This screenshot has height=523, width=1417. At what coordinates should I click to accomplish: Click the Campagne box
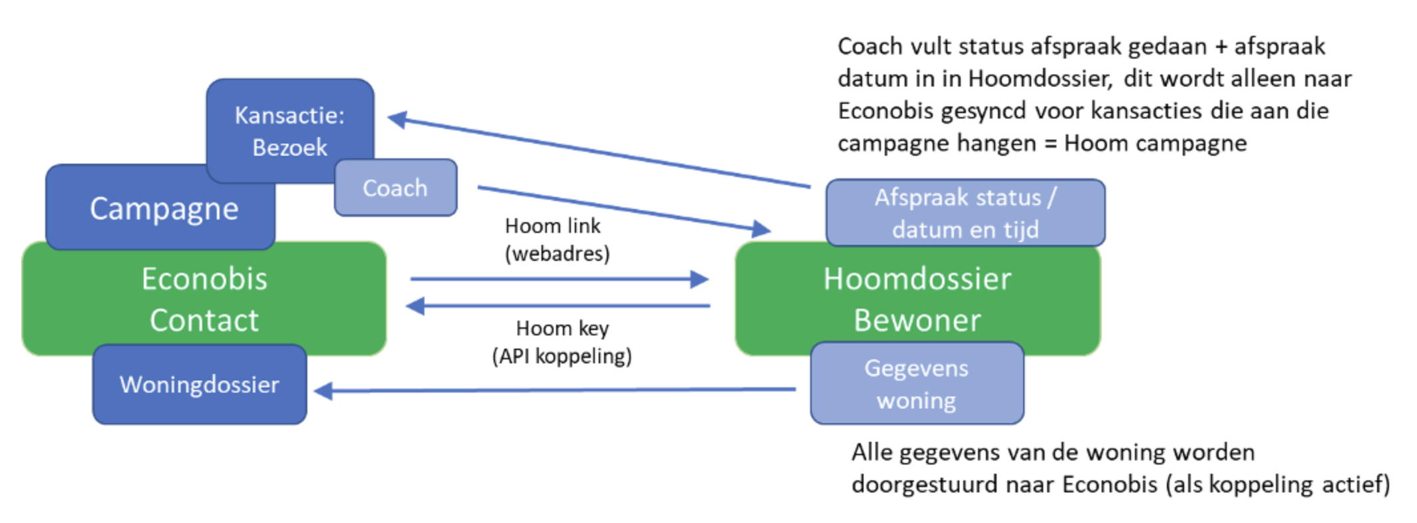[x=163, y=209]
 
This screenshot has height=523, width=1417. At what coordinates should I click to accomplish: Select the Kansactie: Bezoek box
[x=289, y=130]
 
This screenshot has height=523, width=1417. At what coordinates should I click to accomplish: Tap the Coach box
[x=395, y=188]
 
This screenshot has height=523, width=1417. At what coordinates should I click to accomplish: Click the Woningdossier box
[x=199, y=385]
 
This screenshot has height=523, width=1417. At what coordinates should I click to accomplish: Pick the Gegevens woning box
[x=916, y=384]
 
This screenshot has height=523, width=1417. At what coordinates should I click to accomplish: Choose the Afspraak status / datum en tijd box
[x=965, y=213]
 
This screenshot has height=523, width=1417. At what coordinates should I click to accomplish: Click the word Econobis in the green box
[x=204, y=279]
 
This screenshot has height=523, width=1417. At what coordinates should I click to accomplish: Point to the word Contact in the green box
[x=204, y=321]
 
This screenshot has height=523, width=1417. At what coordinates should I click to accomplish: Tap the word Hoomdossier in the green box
[x=917, y=279]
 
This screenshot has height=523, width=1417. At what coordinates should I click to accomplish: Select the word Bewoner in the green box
[x=917, y=321]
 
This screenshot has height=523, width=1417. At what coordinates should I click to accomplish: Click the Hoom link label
[x=552, y=226]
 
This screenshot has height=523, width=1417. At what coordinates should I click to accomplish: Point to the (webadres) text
[x=557, y=254]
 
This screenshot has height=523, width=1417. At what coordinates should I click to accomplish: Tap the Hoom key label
[x=562, y=328]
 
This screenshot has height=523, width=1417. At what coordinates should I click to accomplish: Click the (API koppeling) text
[x=562, y=356]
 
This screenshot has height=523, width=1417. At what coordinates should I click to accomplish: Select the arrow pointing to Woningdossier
[x=552, y=390]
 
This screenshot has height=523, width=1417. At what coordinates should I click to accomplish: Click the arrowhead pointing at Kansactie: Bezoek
[x=397, y=119]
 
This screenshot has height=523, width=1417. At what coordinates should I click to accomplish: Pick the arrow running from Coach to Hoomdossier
[x=619, y=209]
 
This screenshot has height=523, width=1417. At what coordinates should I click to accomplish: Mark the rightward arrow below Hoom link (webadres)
[x=559, y=279]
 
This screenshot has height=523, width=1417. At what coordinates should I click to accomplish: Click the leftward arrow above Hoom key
[x=559, y=306]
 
